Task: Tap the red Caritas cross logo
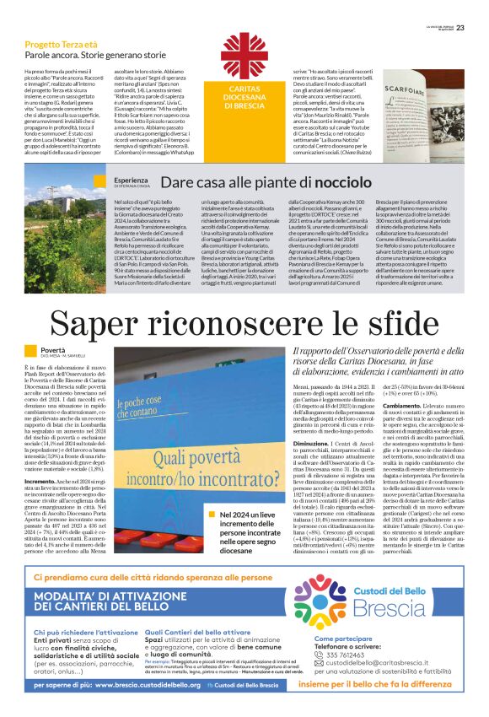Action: [x=244, y=57]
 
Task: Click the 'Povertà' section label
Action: [x=52, y=349]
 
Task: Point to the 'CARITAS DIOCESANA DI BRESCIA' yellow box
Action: [x=244, y=99]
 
